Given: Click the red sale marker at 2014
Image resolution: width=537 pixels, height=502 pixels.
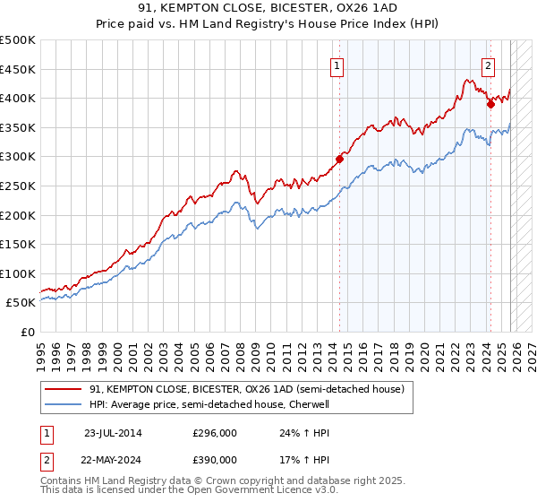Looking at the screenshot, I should tap(339, 160).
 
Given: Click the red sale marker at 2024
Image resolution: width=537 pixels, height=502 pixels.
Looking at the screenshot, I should tap(490, 104).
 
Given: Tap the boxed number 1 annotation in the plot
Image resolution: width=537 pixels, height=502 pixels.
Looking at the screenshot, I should tap(337, 65).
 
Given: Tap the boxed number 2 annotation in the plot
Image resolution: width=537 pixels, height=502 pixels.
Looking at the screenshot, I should tap(488, 65).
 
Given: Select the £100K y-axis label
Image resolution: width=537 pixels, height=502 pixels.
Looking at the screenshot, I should tap(18, 273).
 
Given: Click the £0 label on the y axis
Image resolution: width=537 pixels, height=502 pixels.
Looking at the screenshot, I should tap(29, 332).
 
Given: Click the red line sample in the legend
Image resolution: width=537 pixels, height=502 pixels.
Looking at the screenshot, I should tap(64, 390).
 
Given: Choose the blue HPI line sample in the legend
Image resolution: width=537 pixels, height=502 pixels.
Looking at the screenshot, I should tap(64, 405).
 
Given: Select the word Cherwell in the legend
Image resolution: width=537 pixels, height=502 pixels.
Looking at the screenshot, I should tap(311, 405).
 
